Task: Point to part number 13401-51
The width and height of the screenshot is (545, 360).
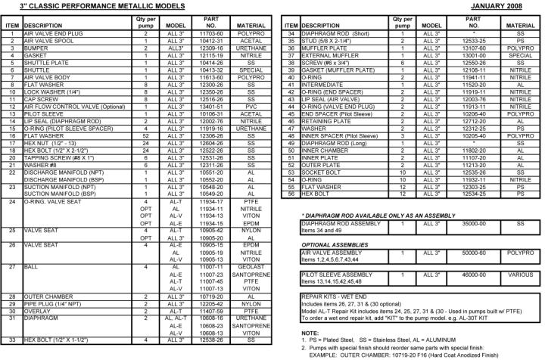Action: click(x=211, y=107)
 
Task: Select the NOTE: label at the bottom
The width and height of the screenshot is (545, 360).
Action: click(x=310, y=333)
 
